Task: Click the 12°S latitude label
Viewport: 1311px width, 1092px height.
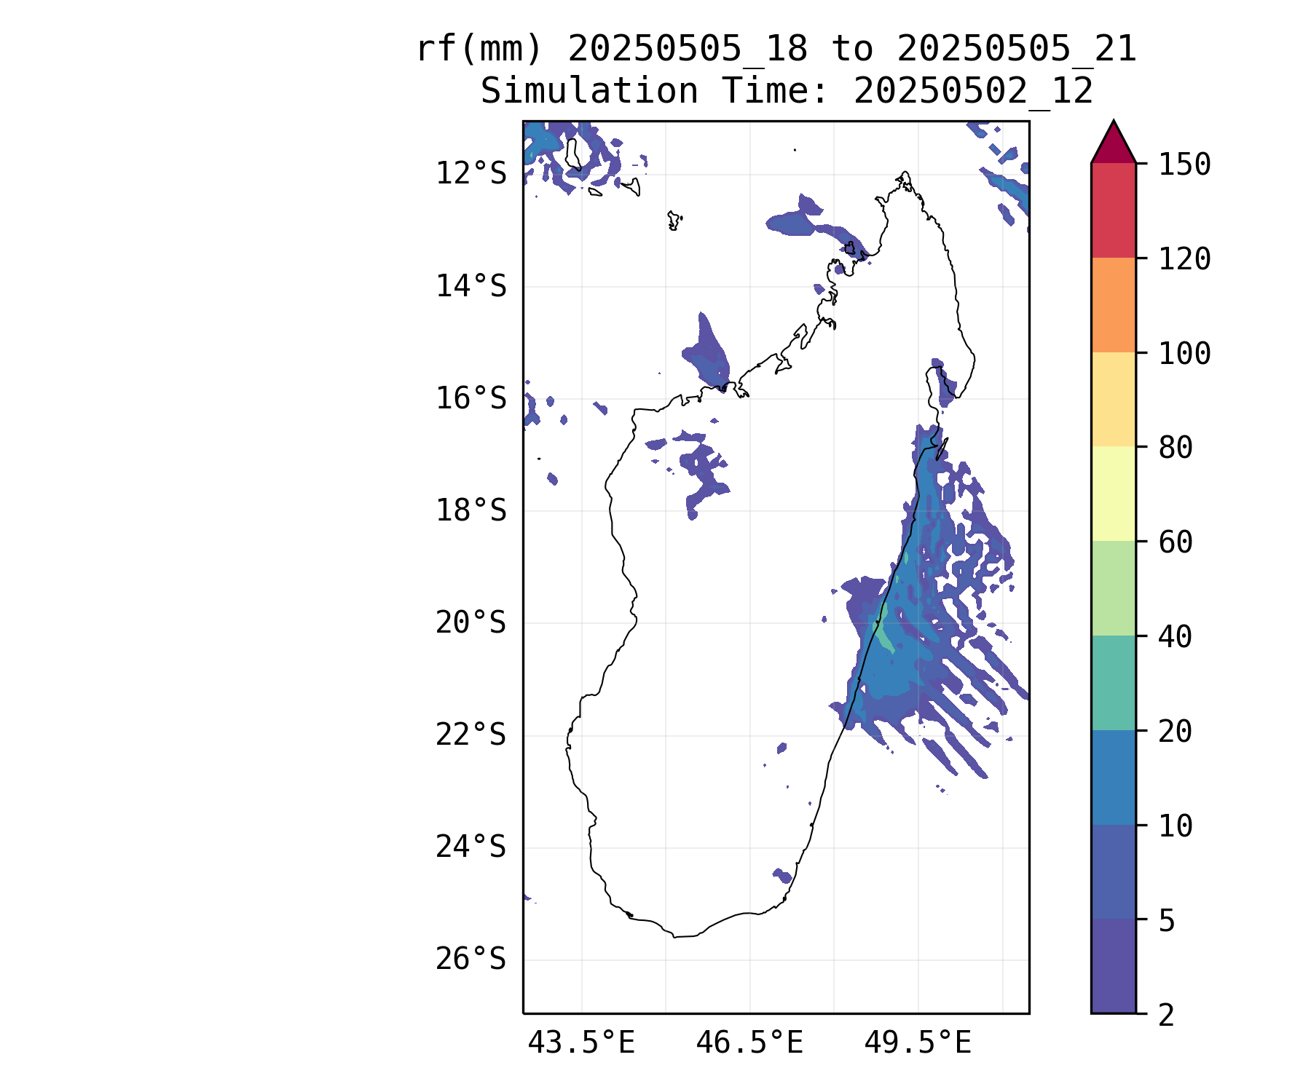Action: (x=471, y=174)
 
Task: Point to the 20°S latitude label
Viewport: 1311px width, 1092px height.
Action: (x=471, y=623)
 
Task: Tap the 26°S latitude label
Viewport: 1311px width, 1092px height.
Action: (x=471, y=960)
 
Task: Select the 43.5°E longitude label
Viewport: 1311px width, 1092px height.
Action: (x=581, y=1042)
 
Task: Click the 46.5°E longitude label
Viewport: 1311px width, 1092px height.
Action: (x=749, y=1042)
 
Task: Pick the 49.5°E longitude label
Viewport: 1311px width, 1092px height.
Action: (x=918, y=1042)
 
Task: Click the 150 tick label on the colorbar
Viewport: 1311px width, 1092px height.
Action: (x=1184, y=165)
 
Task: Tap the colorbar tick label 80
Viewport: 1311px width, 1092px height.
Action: (x=1176, y=448)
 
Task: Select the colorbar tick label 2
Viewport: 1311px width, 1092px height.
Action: (x=1167, y=1015)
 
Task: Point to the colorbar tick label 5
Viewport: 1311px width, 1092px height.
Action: (x=1167, y=921)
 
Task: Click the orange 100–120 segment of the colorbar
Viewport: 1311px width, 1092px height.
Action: (x=1114, y=305)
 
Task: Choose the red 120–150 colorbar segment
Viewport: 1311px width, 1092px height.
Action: (x=1114, y=210)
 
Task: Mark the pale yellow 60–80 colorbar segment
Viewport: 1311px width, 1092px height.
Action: (x=1114, y=494)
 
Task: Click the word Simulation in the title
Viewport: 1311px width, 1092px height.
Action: (x=589, y=91)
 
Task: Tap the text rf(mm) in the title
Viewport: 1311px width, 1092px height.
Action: (x=480, y=50)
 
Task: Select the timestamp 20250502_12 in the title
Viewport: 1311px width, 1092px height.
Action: (x=973, y=92)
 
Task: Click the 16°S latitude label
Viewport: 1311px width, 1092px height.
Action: (x=471, y=398)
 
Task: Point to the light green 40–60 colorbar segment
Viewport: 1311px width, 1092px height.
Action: (x=1114, y=588)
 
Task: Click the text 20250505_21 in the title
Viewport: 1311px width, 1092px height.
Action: (x=1017, y=50)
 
